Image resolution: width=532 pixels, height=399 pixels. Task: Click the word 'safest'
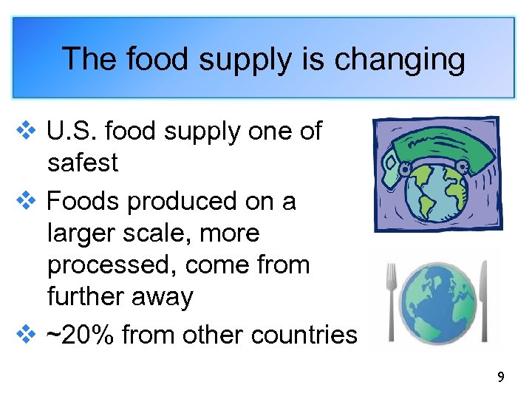coord(82,163)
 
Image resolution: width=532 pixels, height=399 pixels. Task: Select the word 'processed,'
coord(111,265)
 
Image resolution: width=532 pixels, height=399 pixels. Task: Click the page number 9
coord(501,378)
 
